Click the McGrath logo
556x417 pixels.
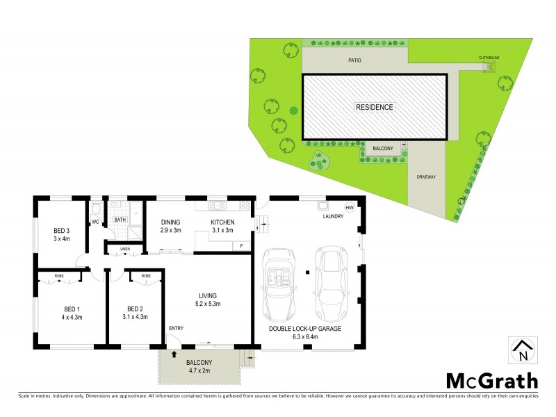(491, 380)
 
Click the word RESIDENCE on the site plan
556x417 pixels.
(375, 107)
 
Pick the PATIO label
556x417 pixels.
(354, 61)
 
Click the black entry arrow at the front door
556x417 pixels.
(173, 354)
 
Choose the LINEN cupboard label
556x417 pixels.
(125, 248)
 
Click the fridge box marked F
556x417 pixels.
(240, 245)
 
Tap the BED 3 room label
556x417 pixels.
(62, 230)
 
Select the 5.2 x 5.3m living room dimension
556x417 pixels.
(208, 303)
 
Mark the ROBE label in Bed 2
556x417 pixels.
(146, 276)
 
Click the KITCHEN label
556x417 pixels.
(223, 222)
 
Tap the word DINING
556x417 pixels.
(171, 222)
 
